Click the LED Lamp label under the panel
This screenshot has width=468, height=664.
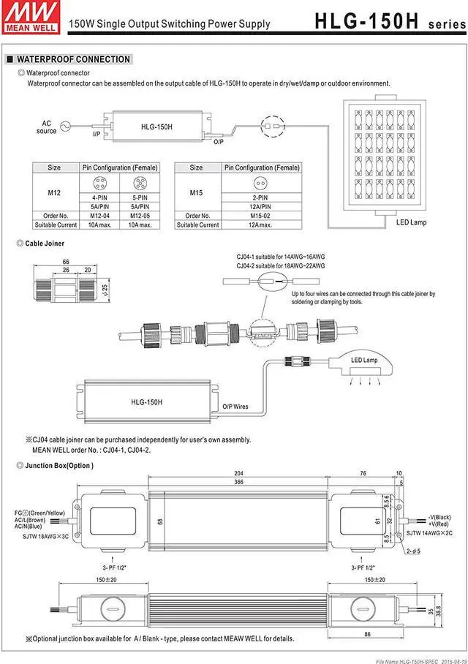[x=411, y=222]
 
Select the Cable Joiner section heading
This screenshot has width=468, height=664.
[x=45, y=243]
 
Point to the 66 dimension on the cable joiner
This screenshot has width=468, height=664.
[x=65, y=261]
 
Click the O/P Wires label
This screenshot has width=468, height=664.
[x=235, y=406]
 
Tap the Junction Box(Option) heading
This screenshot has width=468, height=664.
[x=59, y=466]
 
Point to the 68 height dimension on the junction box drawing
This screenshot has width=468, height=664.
[x=159, y=521]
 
